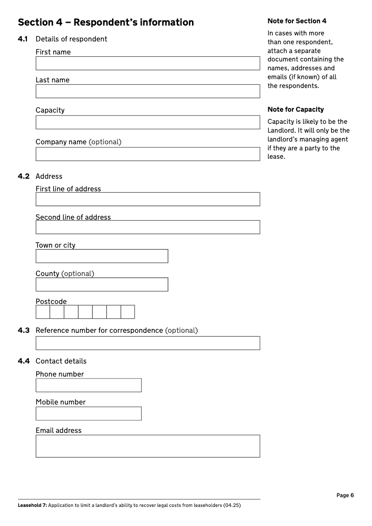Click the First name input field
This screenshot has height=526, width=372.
(x=147, y=63)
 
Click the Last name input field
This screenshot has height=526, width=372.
(x=147, y=91)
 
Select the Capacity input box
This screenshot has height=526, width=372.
(x=147, y=122)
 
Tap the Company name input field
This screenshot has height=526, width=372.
(x=147, y=154)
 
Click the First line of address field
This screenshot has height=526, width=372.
(x=147, y=199)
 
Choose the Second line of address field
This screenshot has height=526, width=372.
(x=147, y=227)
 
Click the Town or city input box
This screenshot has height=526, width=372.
(x=102, y=256)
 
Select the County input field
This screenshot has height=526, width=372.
(x=102, y=284)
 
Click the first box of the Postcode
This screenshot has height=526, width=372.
(x=43, y=312)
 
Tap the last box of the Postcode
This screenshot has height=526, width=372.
(x=128, y=312)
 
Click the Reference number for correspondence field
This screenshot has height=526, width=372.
(x=147, y=343)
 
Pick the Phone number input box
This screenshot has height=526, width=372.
(x=88, y=385)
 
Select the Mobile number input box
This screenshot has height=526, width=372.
(x=88, y=413)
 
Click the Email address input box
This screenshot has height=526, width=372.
(x=147, y=446)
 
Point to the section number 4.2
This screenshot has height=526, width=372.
(x=24, y=176)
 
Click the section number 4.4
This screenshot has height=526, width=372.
(x=24, y=361)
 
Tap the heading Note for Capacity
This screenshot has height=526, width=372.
(x=296, y=109)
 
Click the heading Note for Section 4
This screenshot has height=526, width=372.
(x=297, y=21)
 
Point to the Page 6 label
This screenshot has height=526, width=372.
(x=345, y=495)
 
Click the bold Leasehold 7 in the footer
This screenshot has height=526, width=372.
(x=32, y=505)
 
